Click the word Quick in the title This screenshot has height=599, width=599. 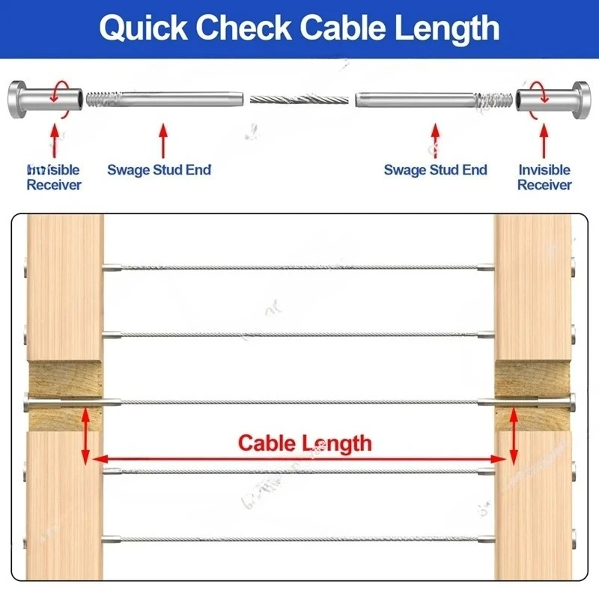click(145, 28)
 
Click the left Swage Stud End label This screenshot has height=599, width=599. click(159, 170)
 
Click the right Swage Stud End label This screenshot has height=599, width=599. click(435, 170)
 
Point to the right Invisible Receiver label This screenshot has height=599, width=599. click(544, 177)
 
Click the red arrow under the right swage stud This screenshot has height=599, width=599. click(435, 139)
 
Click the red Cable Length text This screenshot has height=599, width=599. click(305, 443)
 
